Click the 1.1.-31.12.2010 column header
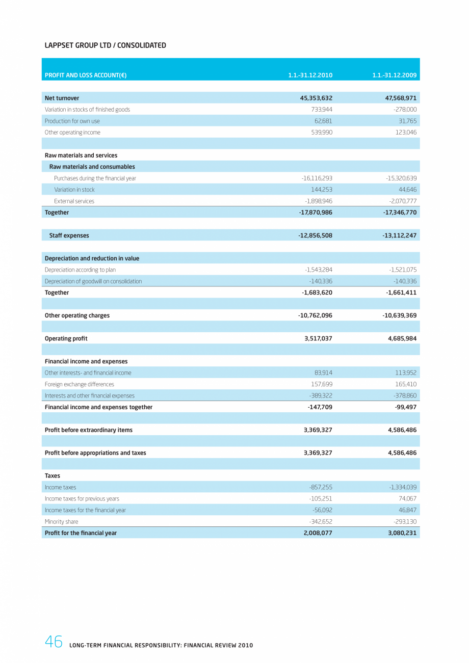tap(310, 75)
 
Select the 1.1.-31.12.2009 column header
tap(395, 75)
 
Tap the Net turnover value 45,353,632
tap(316, 98)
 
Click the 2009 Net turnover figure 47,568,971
tap(400, 98)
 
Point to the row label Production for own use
tap(72, 121)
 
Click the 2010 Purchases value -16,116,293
tap(317, 178)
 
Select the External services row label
tap(74, 201)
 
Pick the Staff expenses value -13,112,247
tap(400, 235)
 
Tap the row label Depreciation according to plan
tap(80, 270)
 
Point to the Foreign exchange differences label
tap(80, 384)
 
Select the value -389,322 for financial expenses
tap(321, 396)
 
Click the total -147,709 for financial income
tap(320, 407)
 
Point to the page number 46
tap(54, 642)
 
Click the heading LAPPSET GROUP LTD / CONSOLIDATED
tap(106, 45)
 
